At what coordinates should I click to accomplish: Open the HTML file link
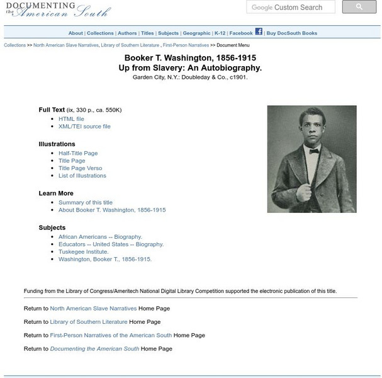(71, 118)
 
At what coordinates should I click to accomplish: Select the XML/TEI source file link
(84, 126)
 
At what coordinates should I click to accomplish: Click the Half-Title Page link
(78, 153)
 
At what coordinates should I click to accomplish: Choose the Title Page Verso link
(80, 168)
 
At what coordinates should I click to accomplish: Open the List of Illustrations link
(82, 176)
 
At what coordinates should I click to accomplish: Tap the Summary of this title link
(86, 202)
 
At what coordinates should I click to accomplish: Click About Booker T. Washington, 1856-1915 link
(112, 210)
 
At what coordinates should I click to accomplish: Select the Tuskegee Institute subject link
(84, 251)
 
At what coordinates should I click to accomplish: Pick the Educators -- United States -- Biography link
(111, 244)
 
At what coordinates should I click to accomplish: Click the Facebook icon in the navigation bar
(259, 31)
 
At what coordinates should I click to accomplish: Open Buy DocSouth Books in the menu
(292, 33)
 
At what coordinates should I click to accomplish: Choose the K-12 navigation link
(220, 33)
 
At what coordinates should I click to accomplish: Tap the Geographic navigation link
(196, 33)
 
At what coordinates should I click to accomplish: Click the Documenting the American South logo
(57, 9)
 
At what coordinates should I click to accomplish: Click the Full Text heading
(52, 110)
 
